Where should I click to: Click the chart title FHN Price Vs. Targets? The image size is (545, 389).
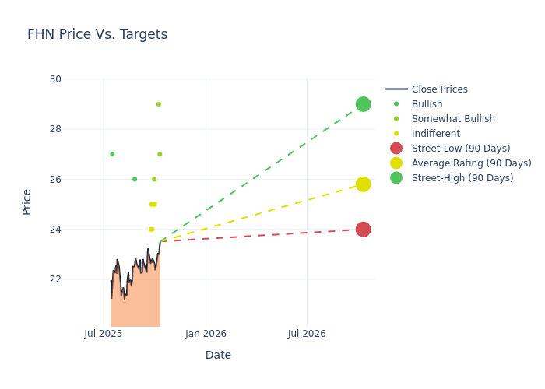point(97,34)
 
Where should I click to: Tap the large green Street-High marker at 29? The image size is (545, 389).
point(363,104)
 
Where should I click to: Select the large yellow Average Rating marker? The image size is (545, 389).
point(363,184)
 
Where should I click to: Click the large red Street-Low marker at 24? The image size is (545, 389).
point(363,229)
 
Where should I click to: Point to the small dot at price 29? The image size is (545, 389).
point(159,104)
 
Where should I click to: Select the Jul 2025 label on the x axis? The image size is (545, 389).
point(104,334)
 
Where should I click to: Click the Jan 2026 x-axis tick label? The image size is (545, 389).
point(206,334)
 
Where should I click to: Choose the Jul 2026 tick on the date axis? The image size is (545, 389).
point(307,334)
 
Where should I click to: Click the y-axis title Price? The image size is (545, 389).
point(27,202)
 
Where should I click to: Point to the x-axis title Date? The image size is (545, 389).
point(218,355)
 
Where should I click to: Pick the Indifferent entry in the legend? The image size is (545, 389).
point(435,134)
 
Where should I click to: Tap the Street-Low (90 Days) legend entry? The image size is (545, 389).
point(460,149)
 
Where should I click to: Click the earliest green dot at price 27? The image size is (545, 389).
point(112,154)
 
